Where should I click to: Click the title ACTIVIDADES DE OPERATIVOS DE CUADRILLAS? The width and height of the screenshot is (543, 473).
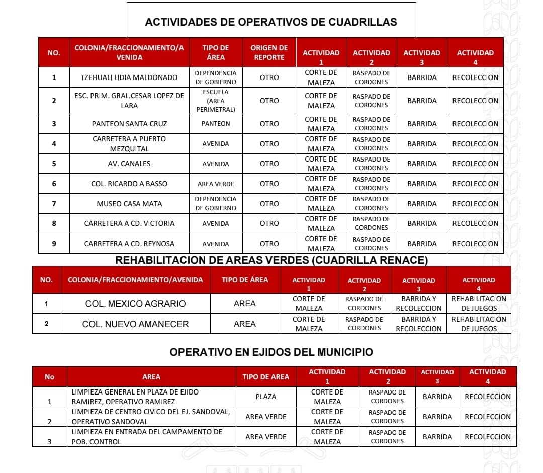pyautogui.click(x=271, y=22)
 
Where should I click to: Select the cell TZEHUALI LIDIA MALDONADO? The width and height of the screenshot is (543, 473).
pyautogui.click(x=129, y=77)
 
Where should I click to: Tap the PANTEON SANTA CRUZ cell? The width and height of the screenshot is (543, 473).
pyautogui.click(x=129, y=124)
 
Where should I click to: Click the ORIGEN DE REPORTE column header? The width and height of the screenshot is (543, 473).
pyautogui.click(x=269, y=52)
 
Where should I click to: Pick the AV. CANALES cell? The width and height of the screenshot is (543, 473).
pyautogui.click(x=129, y=164)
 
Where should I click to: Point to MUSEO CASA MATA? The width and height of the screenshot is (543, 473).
pyautogui.click(x=129, y=204)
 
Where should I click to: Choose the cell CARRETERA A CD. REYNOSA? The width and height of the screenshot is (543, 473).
pyautogui.click(x=129, y=244)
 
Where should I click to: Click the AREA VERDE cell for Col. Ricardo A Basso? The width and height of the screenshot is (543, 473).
pyautogui.click(x=216, y=184)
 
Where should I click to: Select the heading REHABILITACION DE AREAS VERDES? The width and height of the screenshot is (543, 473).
pyautogui.click(x=271, y=260)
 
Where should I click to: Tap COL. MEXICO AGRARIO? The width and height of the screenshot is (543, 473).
pyautogui.click(x=135, y=304)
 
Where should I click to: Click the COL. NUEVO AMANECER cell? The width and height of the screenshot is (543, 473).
pyautogui.click(x=135, y=324)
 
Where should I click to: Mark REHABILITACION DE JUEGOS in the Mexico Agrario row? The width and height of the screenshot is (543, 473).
pyautogui.click(x=479, y=303)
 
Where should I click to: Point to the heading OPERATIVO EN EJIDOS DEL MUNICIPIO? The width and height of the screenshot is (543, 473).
pyautogui.click(x=271, y=352)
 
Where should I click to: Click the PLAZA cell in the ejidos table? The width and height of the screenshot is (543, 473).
pyautogui.click(x=266, y=397)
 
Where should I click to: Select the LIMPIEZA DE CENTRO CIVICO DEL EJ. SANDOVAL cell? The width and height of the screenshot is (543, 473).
pyautogui.click(x=151, y=417)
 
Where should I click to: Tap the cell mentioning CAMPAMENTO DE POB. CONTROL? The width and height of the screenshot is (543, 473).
pyautogui.click(x=151, y=437)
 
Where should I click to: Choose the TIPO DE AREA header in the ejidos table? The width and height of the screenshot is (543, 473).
pyautogui.click(x=266, y=377)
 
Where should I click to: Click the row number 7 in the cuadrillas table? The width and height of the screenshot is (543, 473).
pyautogui.click(x=54, y=204)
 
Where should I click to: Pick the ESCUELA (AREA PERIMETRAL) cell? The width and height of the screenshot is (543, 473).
pyautogui.click(x=216, y=101)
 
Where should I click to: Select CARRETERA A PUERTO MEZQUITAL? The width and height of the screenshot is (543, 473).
pyautogui.click(x=129, y=144)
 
